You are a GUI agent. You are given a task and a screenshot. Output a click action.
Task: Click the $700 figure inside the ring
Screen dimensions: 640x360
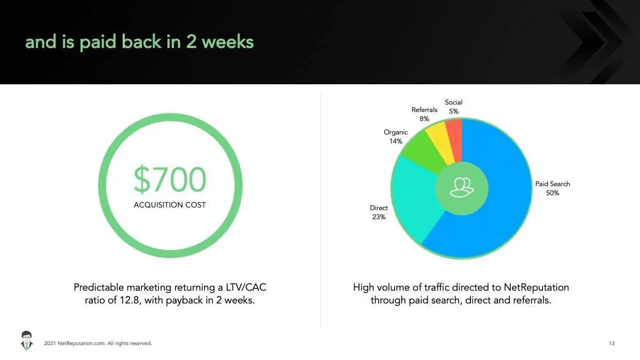[x=170, y=179]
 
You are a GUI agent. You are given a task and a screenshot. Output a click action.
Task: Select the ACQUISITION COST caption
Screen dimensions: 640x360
[x=170, y=205]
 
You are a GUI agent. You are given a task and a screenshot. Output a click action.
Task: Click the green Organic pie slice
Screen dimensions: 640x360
[x=423, y=151]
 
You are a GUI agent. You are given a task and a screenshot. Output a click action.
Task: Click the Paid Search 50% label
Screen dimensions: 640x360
[x=553, y=188]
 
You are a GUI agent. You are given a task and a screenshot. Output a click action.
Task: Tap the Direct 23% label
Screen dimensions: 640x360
[x=379, y=212]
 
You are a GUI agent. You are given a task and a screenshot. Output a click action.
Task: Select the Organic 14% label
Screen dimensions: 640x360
[x=396, y=137]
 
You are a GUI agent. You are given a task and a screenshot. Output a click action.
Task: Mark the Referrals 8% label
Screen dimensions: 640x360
[x=425, y=114]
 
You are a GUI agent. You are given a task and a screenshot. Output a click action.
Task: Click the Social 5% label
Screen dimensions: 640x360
[x=454, y=107]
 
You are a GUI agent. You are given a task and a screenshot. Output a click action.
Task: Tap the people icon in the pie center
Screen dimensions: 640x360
[x=462, y=187]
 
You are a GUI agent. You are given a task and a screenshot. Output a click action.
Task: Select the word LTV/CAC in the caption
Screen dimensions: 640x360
[x=246, y=287]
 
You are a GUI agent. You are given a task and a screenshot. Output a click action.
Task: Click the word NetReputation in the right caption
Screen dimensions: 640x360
[x=537, y=287]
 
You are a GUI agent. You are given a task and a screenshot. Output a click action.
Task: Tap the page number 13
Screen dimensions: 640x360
[x=612, y=343]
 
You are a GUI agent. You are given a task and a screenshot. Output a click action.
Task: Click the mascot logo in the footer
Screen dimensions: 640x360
[x=27, y=341]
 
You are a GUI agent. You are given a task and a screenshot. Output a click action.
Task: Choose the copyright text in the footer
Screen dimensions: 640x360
[x=98, y=343]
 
